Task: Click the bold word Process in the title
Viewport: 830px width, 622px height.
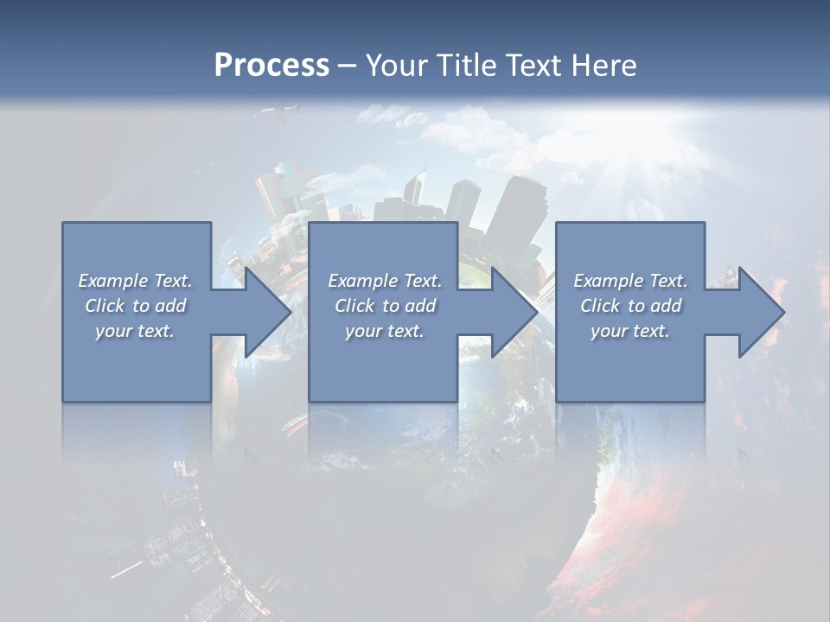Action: point(271,66)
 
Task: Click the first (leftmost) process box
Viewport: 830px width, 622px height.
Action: point(136,371)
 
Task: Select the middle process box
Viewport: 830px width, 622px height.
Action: point(383,371)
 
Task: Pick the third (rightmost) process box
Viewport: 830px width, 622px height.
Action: point(629,371)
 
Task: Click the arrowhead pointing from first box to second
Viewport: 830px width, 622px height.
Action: point(265,312)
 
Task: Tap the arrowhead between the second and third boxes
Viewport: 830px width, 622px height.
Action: point(511,312)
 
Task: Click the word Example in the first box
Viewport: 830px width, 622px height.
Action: point(113,281)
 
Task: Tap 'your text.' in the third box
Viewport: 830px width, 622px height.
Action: point(629,331)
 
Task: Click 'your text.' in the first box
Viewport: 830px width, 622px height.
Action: point(135,331)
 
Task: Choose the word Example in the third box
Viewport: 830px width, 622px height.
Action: point(609,281)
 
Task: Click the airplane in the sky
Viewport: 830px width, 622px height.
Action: point(282,112)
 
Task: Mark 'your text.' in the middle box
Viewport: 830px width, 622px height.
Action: point(384,331)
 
